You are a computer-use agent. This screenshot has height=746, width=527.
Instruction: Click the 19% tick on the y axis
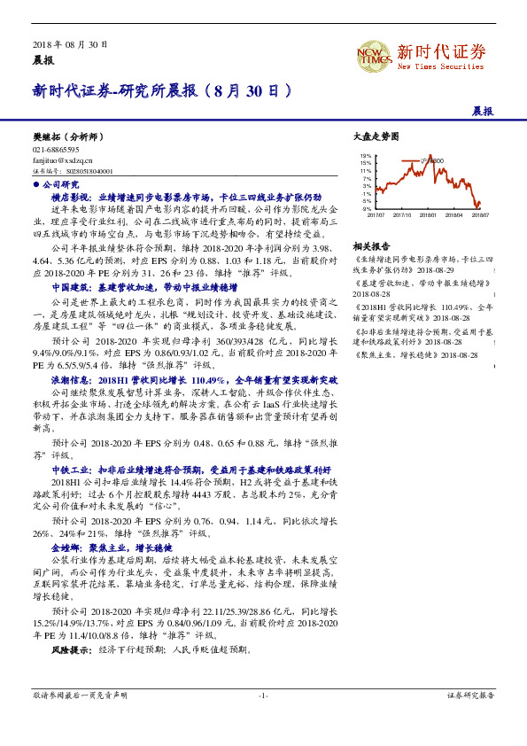pos(367,156)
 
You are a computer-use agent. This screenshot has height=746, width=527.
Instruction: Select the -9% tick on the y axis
pos(367,208)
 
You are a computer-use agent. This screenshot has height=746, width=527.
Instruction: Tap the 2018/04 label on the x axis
pos(454,214)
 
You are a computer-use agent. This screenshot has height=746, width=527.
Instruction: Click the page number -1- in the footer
pos(263,695)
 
